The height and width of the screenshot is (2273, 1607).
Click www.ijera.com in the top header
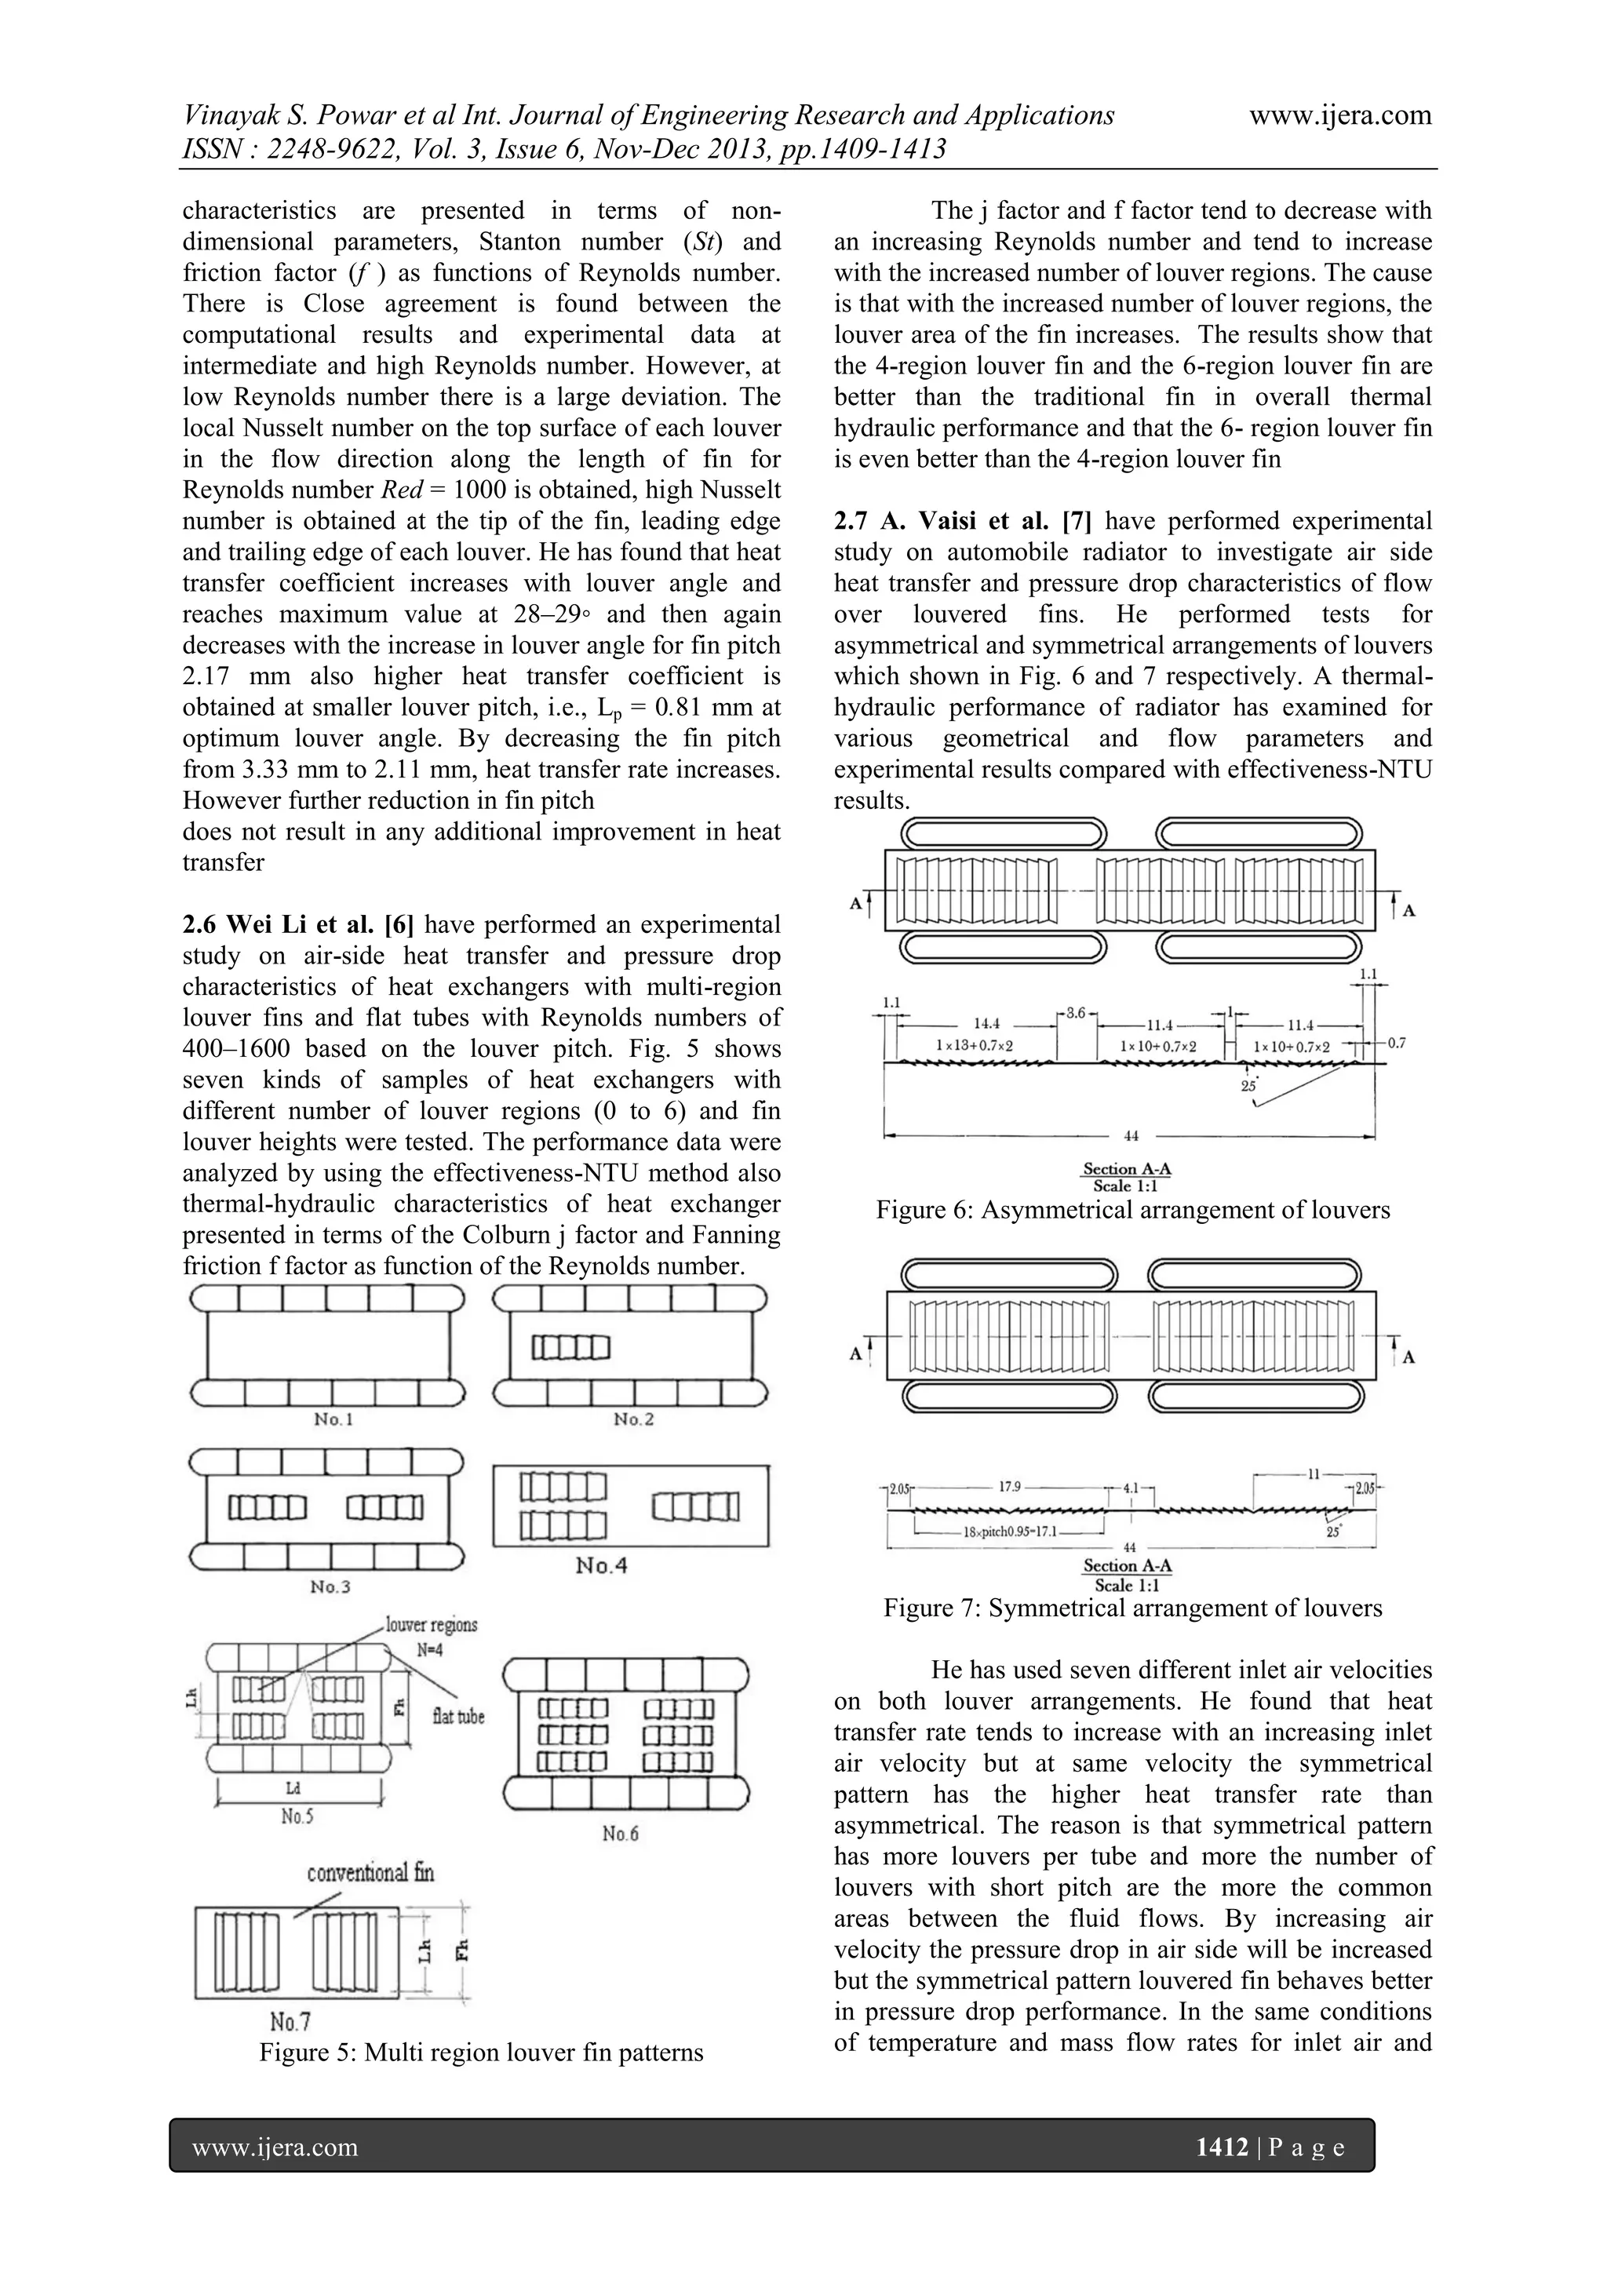(1339, 116)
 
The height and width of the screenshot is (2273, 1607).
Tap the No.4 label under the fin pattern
(602, 1566)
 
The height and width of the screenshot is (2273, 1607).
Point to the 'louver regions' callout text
(432, 1625)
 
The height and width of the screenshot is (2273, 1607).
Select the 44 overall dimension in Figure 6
(1131, 1136)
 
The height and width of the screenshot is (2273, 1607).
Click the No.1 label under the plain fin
(333, 1419)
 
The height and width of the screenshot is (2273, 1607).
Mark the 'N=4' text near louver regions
(431, 1650)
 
